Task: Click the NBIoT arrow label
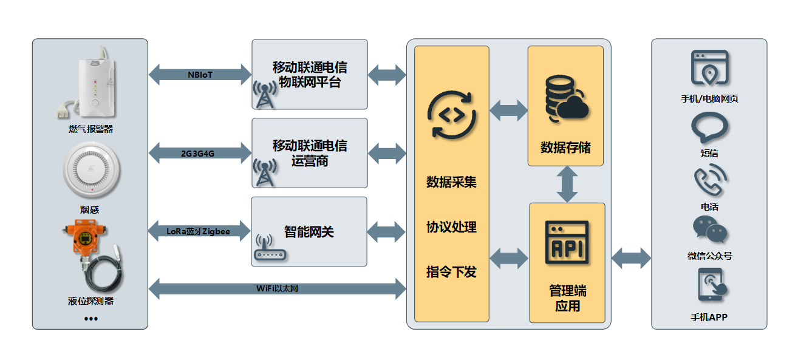[200, 75]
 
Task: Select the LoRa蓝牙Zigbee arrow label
[198, 231]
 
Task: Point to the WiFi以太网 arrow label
[276, 288]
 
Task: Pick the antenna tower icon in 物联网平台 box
[264, 95]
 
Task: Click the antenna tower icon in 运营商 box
[264, 173]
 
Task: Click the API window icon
[567, 242]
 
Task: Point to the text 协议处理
[451, 227]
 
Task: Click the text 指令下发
[451, 271]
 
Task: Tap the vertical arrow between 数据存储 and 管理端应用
[567, 184]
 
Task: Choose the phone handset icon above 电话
[709, 181]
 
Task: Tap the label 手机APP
[709, 317]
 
